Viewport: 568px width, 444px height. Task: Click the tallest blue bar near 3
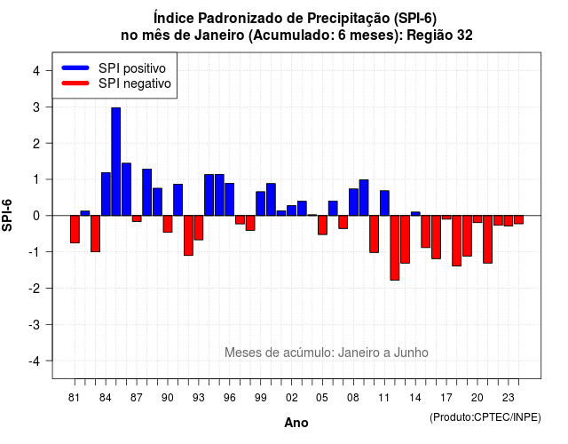pyautogui.click(x=116, y=162)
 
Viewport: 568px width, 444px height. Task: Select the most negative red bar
pyautogui.click(x=395, y=248)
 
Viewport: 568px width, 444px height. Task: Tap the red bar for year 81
pyautogui.click(x=75, y=229)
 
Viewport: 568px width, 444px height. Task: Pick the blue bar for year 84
pyautogui.click(x=106, y=194)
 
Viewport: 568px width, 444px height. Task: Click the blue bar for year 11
pyautogui.click(x=384, y=203)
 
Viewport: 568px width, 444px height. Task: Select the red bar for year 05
pyautogui.click(x=322, y=225)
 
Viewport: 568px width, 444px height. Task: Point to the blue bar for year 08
pyautogui.click(x=353, y=202)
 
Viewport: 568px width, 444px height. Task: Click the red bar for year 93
pyautogui.click(x=199, y=227)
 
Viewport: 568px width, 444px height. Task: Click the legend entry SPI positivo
pyautogui.click(x=132, y=68)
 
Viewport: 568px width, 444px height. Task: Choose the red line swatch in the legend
pyautogui.click(x=75, y=83)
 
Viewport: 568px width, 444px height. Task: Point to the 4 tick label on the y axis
pyautogui.click(x=36, y=71)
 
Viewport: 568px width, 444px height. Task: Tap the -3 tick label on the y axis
pyautogui.click(x=35, y=324)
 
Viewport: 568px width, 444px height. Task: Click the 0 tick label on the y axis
pyautogui.click(x=36, y=216)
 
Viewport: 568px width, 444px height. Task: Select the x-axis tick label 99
pyautogui.click(x=260, y=398)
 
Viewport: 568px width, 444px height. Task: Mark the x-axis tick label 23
pyautogui.click(x=509, y=398)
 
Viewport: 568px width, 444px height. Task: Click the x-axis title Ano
pyautogui.click(x=296, y=423)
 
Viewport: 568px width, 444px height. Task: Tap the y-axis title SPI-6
pyautogui.click(x=7, y=215)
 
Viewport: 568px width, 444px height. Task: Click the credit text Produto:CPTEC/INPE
pyautogui.click(x=485, y=417)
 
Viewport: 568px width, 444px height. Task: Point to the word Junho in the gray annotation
pyautogui.click(x=411, y=353)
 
